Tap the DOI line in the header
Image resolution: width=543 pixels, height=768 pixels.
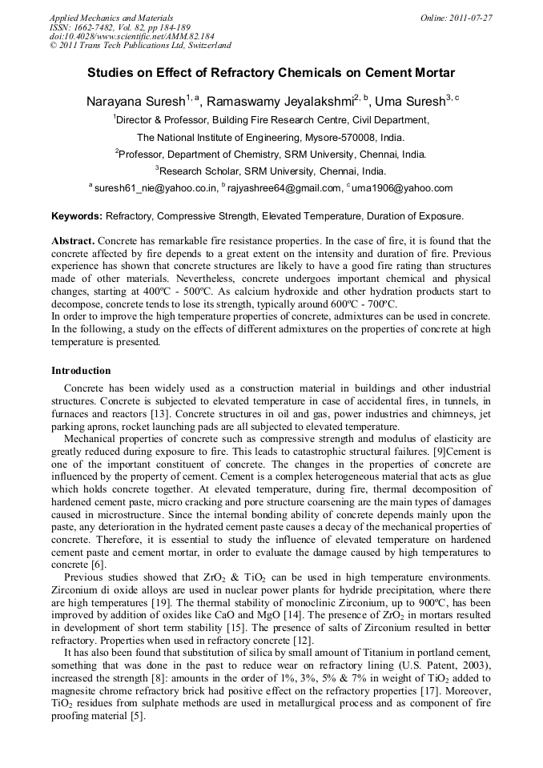(x=131, y=37)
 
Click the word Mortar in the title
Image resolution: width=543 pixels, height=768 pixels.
(x=432, y=72)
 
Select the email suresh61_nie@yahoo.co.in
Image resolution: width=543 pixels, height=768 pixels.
(x=156, y=189)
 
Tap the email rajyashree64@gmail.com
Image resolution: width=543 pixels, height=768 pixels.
(x=285, y=189)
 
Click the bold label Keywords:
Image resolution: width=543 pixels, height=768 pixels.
(x=77, y=216)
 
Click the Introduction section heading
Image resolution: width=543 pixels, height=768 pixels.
(x=81, y=371)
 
